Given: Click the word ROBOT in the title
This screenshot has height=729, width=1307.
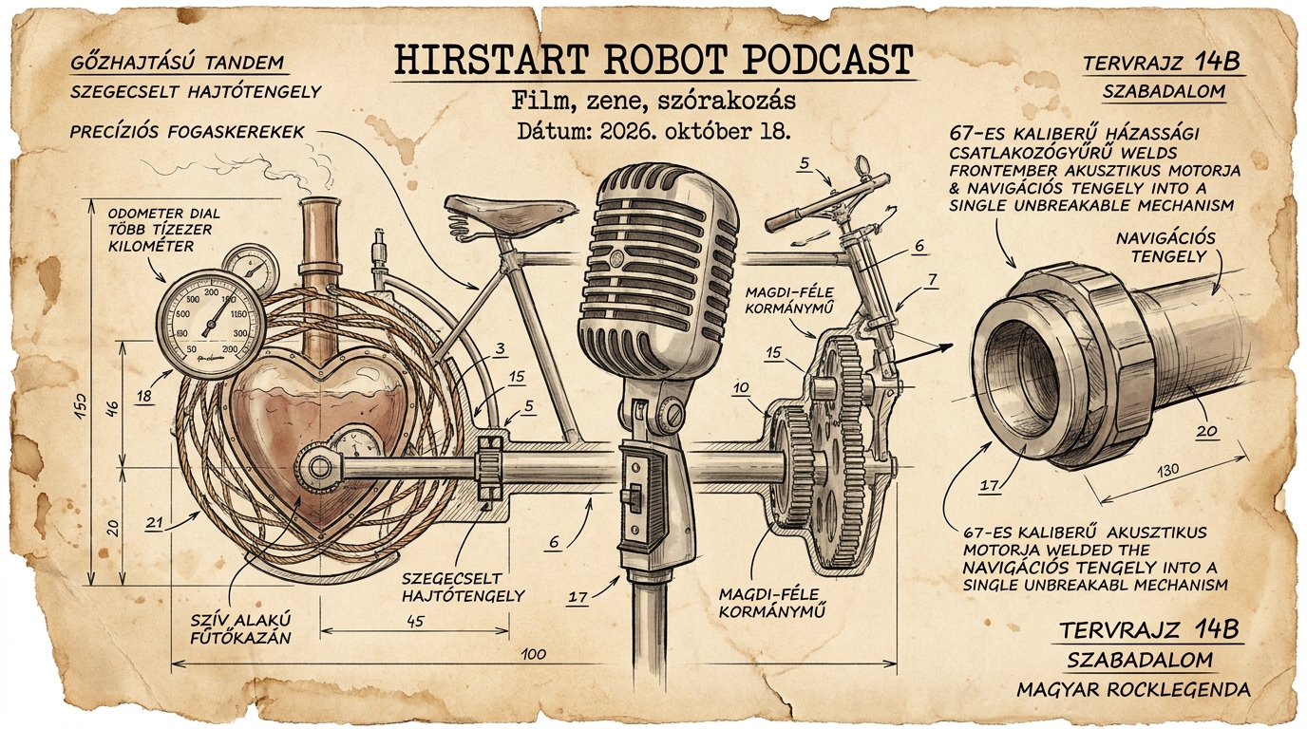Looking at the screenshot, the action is point(653,60).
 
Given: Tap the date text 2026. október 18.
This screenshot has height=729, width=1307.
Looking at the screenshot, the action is point(688,132).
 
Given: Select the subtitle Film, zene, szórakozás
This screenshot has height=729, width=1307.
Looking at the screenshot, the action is point(653,101).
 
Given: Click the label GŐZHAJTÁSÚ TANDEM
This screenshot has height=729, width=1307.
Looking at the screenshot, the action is point(178,63).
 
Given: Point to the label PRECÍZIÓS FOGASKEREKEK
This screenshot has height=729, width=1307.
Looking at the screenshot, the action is point(187,132).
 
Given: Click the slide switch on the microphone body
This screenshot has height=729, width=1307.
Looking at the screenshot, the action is point(633,496).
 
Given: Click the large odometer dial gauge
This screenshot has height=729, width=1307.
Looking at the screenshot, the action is point(211,326).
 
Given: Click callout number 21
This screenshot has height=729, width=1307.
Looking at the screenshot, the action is point(155,523).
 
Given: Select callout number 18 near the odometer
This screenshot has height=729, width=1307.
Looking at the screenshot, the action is point(144,397).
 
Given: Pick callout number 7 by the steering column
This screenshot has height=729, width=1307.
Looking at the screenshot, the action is point(932,281).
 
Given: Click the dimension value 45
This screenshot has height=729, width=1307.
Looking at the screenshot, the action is point(414,622).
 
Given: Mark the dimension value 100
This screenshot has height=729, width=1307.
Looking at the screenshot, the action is point(533,654).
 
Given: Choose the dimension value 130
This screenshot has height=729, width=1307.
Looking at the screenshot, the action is point(1167,470).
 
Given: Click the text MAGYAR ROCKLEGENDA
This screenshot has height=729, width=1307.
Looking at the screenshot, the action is point(1134,690).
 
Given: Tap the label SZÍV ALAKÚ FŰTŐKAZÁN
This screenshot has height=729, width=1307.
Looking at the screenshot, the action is point(240,628).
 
